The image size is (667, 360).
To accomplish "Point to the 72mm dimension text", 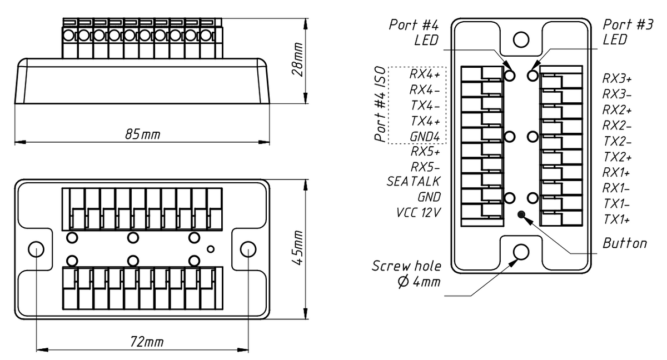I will [x=143, y=342].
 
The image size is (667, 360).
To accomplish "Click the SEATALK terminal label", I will [x=414, y=182].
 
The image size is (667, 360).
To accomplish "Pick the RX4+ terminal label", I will [x=425, y=74].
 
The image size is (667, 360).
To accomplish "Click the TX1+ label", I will [x=616, y=219].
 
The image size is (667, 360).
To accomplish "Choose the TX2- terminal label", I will [x=616, y=142].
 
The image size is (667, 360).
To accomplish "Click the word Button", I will [x=625, y=243].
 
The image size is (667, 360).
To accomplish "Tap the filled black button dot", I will [x=521, y=214].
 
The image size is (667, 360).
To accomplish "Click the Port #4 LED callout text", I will [x=419, y=32].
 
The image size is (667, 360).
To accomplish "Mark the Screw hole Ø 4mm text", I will [x=407, y=273].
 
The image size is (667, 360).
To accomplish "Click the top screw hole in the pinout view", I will [x=521, y=39].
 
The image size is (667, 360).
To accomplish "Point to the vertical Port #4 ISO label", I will [x=380, y=104].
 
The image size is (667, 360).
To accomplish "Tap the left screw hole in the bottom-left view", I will [x=36, y=248].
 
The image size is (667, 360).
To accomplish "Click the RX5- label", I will [x=425, y=167].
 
